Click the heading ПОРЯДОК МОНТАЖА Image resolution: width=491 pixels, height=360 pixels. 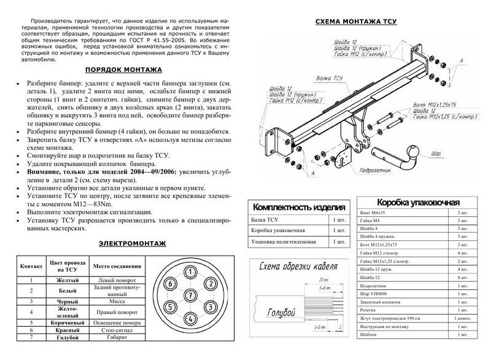point(123,70)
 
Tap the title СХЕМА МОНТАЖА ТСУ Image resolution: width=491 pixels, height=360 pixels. point(356,22)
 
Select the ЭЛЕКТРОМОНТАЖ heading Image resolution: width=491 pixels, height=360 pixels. point(123,243)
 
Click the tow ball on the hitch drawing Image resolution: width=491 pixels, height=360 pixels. point(413,148)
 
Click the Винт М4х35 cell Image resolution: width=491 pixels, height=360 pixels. point(371,212)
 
